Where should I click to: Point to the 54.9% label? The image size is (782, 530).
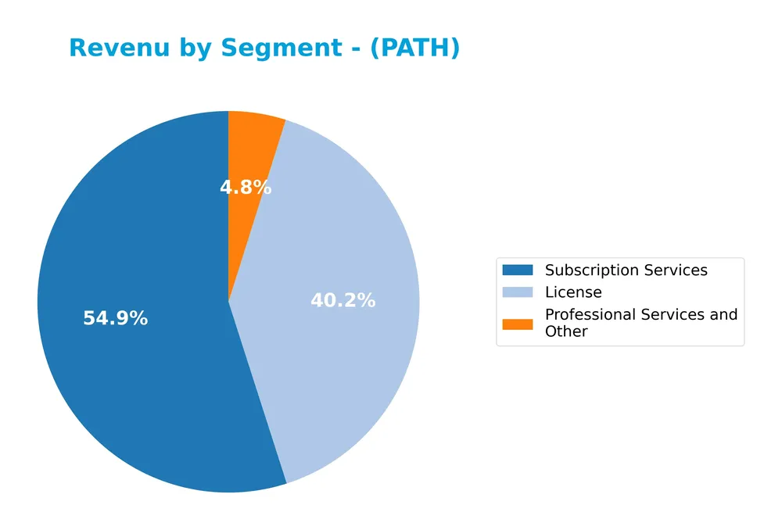[115, 319]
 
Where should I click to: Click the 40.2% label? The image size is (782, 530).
[343, 300]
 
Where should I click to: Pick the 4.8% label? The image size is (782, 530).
[246, 188]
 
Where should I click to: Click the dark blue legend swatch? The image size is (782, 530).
[517, 270]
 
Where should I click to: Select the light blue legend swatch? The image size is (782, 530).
[517, 292]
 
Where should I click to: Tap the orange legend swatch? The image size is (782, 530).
[517, 323]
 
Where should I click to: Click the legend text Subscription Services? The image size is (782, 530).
[626, 270]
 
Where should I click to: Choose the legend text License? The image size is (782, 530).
[573, 292]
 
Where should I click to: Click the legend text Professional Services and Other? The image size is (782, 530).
[640, 323]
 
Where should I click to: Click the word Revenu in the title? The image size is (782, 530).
[117, 48]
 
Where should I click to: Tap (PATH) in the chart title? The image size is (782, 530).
[414, 48]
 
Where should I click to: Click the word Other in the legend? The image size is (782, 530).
[566, 331]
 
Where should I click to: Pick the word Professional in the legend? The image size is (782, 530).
[589, 314]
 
